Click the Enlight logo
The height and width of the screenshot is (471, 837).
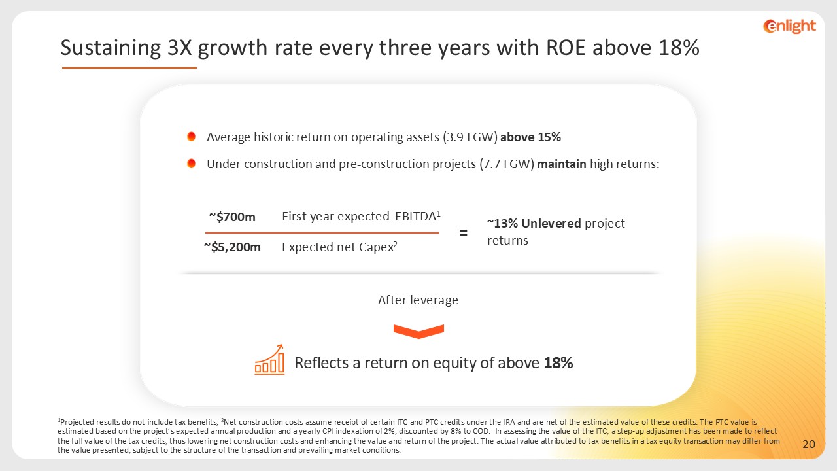pos(789,26)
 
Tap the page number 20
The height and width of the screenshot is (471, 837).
pos(809,444)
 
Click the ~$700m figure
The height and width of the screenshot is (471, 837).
pos(232,217)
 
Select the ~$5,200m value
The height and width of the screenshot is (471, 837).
pos(232,247)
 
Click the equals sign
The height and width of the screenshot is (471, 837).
pos(464,232)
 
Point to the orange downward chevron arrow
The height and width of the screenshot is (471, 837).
pos(418,331)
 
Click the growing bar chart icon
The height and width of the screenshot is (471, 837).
pos(269,359)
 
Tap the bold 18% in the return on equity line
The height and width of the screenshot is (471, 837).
pos(558,363)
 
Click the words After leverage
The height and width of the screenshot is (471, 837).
pos(418,300)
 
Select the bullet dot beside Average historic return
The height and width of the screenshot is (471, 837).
pos(192,137)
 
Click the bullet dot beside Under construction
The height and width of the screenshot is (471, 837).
pos(192,164)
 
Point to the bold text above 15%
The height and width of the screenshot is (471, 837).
pos(530,137)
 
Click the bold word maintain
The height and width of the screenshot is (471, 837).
pos(562,164)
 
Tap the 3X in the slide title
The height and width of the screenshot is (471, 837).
pos(179,48)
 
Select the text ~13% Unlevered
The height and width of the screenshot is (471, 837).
pos(534,224)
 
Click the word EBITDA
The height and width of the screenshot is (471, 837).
pos(415,217)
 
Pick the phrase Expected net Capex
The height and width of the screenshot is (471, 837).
pos(337,247)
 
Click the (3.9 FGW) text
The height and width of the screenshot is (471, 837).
pos(470,137)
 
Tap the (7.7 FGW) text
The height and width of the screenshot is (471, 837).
pos(507,164)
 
